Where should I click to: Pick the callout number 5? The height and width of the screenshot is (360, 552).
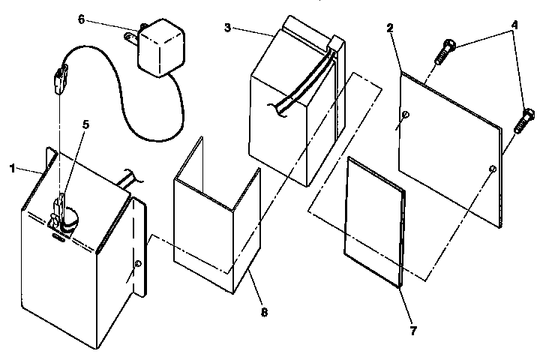[x=85, y=125]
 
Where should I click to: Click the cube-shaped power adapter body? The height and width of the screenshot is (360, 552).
[x=158, y=47]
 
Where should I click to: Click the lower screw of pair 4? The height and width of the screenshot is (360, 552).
[x=523, y=120]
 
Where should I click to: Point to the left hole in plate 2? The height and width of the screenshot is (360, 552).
[x=405, y=114]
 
